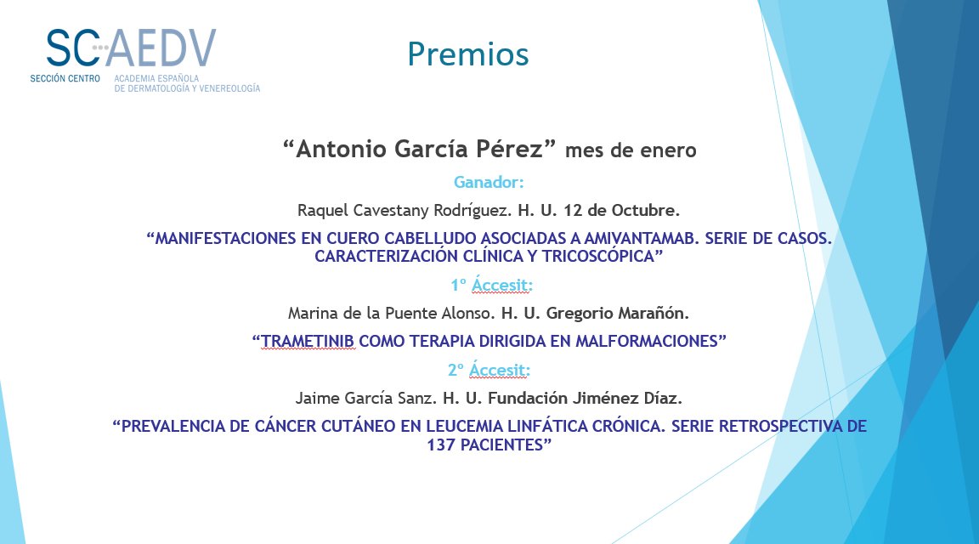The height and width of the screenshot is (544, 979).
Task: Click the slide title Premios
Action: tap(467, 54)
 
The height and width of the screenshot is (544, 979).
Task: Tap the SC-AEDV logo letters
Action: tap(131, 48)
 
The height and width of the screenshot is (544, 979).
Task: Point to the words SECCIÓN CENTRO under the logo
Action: tap(65, 78)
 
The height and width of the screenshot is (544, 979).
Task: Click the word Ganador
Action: tap(489, 182)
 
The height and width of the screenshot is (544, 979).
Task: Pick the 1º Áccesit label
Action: tap(489, 285)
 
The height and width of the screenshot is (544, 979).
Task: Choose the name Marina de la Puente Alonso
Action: tap(392, 313)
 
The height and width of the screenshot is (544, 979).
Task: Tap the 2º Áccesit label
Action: tap(489, 370)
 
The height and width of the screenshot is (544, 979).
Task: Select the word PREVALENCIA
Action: tap(176, 426)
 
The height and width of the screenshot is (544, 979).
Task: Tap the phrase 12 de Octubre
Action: tap(627, 209)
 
